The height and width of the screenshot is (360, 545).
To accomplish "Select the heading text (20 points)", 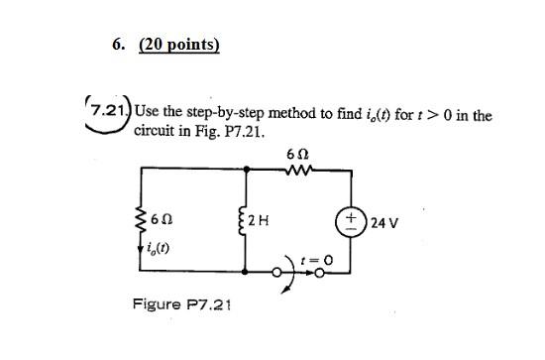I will click(x=179, y=45).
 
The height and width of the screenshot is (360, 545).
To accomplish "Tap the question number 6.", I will click(x=119, y=45).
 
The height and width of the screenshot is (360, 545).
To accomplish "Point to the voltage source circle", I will click(x=353, y=221).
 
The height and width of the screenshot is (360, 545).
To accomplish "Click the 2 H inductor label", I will click(x=259, y=219).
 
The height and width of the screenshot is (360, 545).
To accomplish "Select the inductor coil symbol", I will click(x=244, y=219).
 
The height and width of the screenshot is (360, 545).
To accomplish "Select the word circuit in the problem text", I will click(x=155, y=131).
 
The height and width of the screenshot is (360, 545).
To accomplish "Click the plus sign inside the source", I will click(x=353, y=214).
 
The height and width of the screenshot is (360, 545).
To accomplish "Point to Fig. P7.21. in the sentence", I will click(x=229, y=131).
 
